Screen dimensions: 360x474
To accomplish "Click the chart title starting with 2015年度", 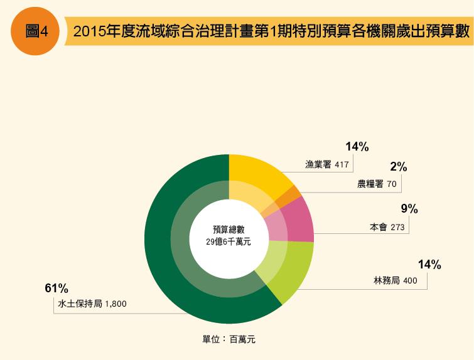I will pyautogui.click(x=271, y=32).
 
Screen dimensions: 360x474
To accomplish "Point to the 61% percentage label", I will pyautogui.click(x=56, y=289).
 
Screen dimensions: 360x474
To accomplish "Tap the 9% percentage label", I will pyautogui.click(x=409, y=209).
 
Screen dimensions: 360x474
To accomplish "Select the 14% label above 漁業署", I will pyautogui.click(x=357, y=147).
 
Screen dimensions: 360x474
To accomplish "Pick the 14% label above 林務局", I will pyautogui.click(x=429, y=265).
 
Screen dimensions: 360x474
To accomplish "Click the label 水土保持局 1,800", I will pyautogui.click(x=92, y=304).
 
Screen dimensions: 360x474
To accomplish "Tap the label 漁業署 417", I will pyautogui.click(x=326, y=165).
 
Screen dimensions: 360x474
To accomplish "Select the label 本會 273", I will pyautogui.click(x=387, y=228).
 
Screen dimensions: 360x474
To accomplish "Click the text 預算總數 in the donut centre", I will pyautogui.click(x=229, y=230).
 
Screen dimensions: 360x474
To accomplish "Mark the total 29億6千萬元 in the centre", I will pyautogui.click(x=229, y=241).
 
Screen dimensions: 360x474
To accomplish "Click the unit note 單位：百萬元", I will pyautogui.click(x=229, y=339).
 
